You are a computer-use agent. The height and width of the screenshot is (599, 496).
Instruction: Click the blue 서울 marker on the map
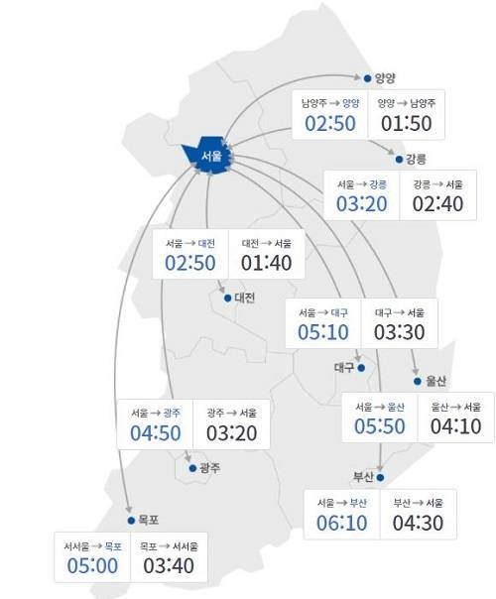click(208, 156)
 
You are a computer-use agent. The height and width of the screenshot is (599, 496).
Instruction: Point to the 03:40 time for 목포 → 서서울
click(169, 566)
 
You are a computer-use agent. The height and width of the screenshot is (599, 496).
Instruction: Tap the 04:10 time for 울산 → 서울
click(455, 426)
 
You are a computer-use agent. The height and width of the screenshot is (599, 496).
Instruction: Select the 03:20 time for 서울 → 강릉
click(361, 204)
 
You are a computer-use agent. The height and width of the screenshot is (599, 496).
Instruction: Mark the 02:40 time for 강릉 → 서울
click(437, 204)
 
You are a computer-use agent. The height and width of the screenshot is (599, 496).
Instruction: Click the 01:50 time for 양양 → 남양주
click(407, 122)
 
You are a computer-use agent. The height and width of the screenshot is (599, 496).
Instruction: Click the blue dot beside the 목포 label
click(130, 520)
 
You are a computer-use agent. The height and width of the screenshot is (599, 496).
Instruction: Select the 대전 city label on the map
click(245, 298)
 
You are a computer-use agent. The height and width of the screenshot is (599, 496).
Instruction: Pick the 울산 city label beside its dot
click(437, 380)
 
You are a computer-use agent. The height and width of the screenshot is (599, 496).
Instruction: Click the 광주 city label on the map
click(209, 467)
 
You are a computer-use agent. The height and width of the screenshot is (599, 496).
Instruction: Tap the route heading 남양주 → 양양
click(331, 102)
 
